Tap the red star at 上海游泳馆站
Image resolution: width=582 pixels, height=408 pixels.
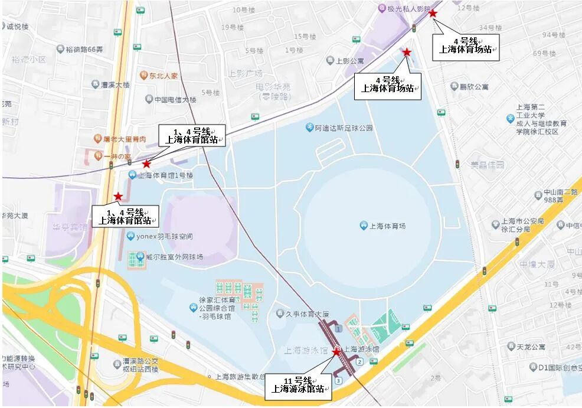(336, 352)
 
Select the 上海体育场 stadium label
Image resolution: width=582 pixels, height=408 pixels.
(387, 226)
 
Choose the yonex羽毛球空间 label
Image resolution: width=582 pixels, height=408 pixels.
(164, 237)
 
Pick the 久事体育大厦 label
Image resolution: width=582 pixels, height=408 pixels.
(303, 314)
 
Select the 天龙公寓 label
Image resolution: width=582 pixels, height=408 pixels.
(529, 347)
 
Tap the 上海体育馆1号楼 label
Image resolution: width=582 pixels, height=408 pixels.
(165, 175)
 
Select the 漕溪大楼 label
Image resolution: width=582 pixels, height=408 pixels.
(115, 85)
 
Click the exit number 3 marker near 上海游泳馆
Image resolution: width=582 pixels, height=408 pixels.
(338, 381)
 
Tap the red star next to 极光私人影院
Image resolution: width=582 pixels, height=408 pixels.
(433, 12)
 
